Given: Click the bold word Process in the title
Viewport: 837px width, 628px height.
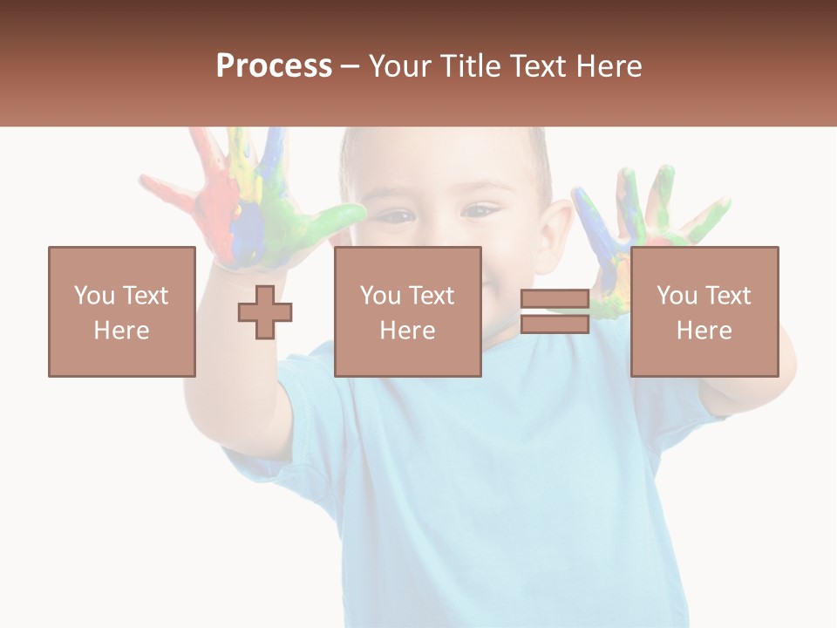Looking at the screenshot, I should (x=274, y=65).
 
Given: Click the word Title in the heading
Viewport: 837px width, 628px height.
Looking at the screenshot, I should (x=472, y=65).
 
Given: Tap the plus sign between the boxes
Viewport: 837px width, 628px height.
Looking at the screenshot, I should (x=265, y=311).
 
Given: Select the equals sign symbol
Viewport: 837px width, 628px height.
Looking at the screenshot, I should (x=555, y=311).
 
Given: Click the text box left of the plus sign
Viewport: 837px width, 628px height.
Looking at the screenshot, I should (x=122, y=311).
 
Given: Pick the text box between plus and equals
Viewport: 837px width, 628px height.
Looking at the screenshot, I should (x=407, y=311).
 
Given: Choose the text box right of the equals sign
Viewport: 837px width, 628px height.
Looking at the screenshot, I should (x=704, y=311).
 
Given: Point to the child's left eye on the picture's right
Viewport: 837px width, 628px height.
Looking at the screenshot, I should (x=479, y=211).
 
